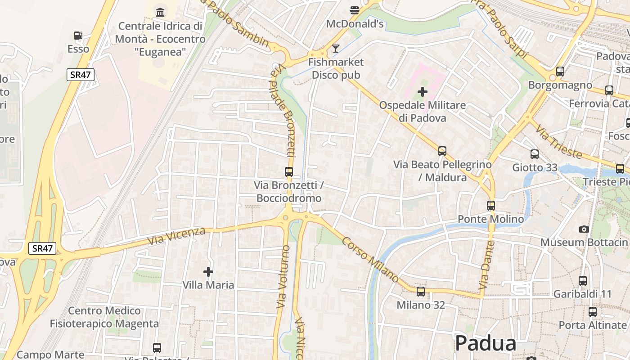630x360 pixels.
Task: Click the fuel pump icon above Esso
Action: click(x=78, y=36)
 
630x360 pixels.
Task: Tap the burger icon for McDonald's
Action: click(x=355, y=10)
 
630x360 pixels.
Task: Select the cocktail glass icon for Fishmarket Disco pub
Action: click(x=335, y=48)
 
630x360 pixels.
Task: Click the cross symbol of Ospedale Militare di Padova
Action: click(x=422, y=92)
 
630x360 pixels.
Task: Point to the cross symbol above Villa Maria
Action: click(x=208, y=271)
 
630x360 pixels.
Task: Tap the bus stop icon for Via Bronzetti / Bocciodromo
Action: click(x=289, y=171)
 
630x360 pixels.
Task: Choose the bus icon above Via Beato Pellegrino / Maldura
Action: click(x=442, y=151)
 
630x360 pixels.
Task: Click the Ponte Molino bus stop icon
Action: click(x=491, y=206)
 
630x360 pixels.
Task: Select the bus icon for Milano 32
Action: click(x=421, y=292)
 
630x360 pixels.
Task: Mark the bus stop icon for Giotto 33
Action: click(x=535, y=154)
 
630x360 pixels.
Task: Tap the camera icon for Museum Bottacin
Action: click(x=584, y=229)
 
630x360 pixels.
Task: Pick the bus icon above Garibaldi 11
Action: click(x=583, y=281)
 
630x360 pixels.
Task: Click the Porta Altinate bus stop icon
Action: click(x=593, y=311)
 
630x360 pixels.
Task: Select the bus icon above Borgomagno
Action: click(x=560, y=72)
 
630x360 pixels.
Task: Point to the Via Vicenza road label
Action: click(x=176, y=236)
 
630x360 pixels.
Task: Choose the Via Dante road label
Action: click(x=487, y=265)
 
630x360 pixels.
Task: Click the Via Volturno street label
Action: click(x=283, y=277)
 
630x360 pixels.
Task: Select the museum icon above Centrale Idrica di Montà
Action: click(x=160, y=12)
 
